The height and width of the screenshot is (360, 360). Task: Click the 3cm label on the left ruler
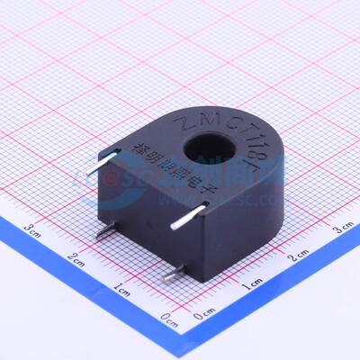click(x=34, y=229)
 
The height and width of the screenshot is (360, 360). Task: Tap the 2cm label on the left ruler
click(x=79, y=262)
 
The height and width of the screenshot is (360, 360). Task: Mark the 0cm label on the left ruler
click(x=167, y=318)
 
